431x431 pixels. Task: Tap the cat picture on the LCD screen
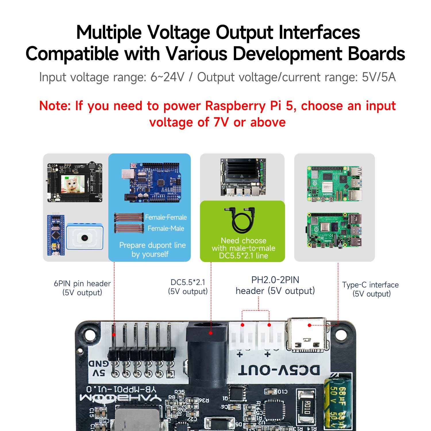[72, 184]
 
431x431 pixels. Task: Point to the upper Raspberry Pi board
[334, 184]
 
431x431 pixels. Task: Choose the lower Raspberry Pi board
[334, 230]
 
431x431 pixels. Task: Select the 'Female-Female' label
[166, 217]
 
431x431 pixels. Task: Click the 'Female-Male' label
[166, 228]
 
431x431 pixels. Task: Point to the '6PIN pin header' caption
[82, 284]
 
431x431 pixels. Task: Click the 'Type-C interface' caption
[370, 285]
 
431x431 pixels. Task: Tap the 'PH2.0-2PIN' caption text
[275, 280]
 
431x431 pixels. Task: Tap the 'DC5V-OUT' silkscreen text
[279, 370]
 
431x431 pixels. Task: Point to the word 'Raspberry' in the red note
[235, 106]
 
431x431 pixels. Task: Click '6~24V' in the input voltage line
[168, 77]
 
